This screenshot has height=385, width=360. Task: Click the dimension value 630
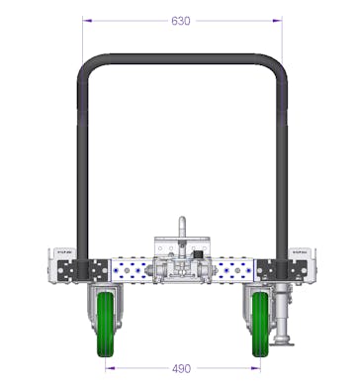click(x=181, y=21)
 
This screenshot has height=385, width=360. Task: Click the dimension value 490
click(x=181, y=368)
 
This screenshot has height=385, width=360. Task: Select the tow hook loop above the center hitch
click(x=181, y=227)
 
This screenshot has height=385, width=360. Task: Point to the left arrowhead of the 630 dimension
click(x=86, y=21)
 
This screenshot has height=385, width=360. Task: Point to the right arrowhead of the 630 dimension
click(x=280, y=21)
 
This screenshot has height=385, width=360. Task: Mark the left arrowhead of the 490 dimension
click(x=106, y=368)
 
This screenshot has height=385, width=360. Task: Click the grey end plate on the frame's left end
click(x=55, y=265)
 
